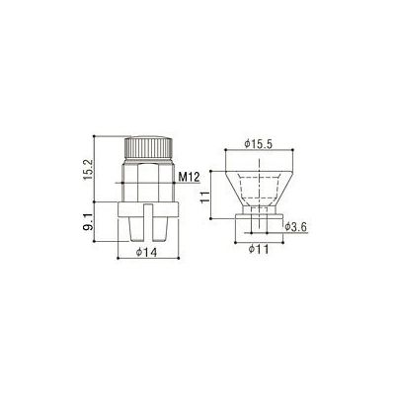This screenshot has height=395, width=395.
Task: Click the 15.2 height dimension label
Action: pyautogui.click(x=88, y=169)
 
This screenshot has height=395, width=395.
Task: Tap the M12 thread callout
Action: pyautogui.click(x=189, y=178)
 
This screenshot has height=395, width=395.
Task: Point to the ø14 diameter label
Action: pyautogui.click(x=146, y=252)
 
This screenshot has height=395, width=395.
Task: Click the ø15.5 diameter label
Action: pyautogui.click(x=259, y=144)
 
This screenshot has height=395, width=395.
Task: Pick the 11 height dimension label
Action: pyautogui.click(x=205, y=197)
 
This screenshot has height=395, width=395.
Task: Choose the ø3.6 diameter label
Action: pyautogui.click(x=296, y=227)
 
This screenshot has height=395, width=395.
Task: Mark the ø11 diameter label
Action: pyautogui.click(x=259, y=249)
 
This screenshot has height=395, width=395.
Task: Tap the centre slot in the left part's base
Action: pyautogui.click(x=148, y=222)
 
